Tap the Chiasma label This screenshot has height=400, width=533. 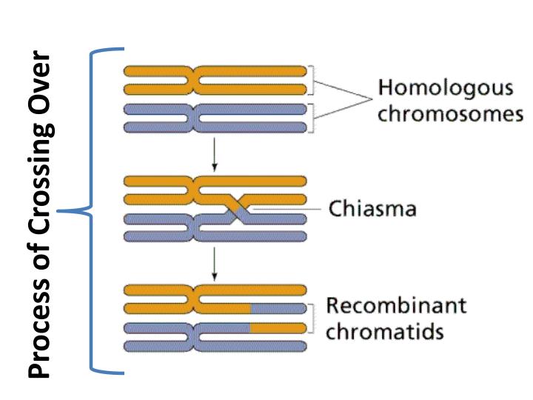click(372, 209)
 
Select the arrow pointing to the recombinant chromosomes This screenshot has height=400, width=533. click(214, 264)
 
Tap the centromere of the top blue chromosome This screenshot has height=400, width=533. click(194, 118)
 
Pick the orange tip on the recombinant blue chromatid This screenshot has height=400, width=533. click(278, 327)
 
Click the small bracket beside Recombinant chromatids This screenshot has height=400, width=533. click(315, 317)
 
